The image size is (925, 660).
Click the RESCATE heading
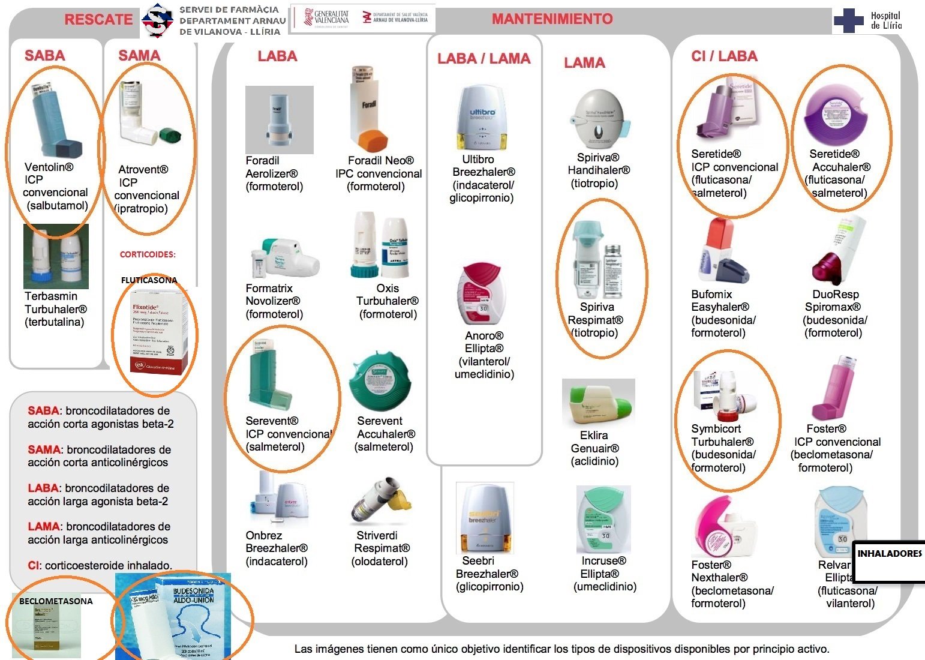(98, 19)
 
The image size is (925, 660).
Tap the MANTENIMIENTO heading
(552, 19)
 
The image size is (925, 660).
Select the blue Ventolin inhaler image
(54, 120)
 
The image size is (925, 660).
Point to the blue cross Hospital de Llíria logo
(848, 20)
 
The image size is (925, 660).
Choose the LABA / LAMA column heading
(483, 59)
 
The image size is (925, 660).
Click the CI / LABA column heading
(724, 56)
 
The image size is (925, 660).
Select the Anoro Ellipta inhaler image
(482, 294)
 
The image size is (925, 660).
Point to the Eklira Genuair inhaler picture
(597, 403)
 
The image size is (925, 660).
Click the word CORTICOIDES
(148, 254)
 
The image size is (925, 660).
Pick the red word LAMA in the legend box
(44, 527)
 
